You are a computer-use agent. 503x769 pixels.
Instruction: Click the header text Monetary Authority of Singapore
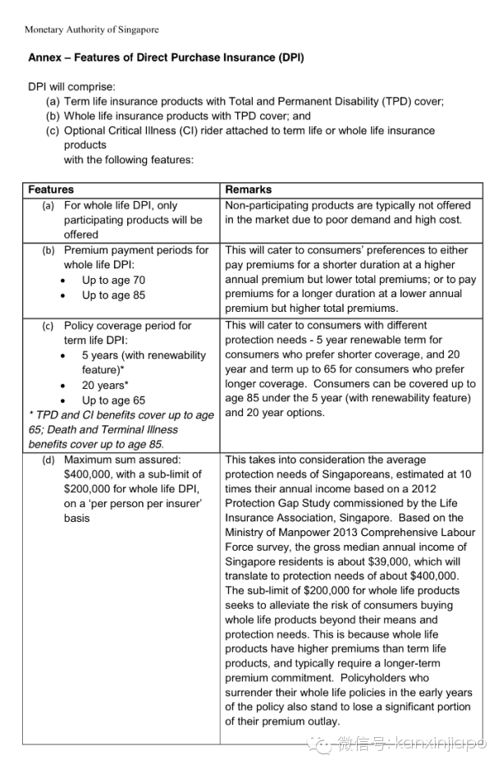[x=92, y=30]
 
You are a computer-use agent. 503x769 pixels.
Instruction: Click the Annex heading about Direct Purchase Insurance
[x=166, y=58]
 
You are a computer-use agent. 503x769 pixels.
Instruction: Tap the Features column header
[x=51, y=190]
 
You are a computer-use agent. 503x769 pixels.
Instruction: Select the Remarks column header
[x=249, y=190]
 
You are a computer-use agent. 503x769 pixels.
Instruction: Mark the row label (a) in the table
[x=48, y=205]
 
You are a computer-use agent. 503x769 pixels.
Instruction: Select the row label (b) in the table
[x=48, y=250]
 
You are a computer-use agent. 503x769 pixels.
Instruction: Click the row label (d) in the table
[x=48, y=460]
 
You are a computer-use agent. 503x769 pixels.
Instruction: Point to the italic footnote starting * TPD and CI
[x=121, y=429]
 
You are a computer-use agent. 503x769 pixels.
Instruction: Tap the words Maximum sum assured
[x=122, y=460]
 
